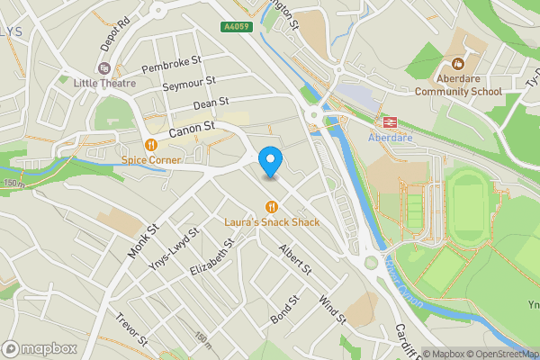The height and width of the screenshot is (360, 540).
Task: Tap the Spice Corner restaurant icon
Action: point(151,145)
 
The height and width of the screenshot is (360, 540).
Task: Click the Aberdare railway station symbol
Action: point(391,122)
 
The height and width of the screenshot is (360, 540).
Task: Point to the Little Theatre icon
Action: point(105,68)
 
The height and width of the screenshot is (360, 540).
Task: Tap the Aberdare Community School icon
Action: point(457,63)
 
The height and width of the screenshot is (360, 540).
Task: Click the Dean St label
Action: point(212,105)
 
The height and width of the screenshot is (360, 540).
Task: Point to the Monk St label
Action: point(143,239)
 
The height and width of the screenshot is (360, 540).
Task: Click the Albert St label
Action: point(295,259)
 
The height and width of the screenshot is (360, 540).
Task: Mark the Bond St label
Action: point(284,311)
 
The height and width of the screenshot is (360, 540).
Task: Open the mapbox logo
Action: point(40,347)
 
